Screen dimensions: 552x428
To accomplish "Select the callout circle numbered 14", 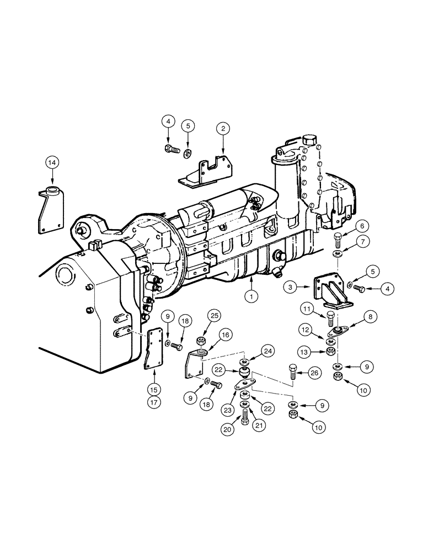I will (x=52, y=162).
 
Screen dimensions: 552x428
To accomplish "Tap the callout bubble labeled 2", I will (x=223, y=130).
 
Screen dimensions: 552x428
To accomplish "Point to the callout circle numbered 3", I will (x=292, y=286).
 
